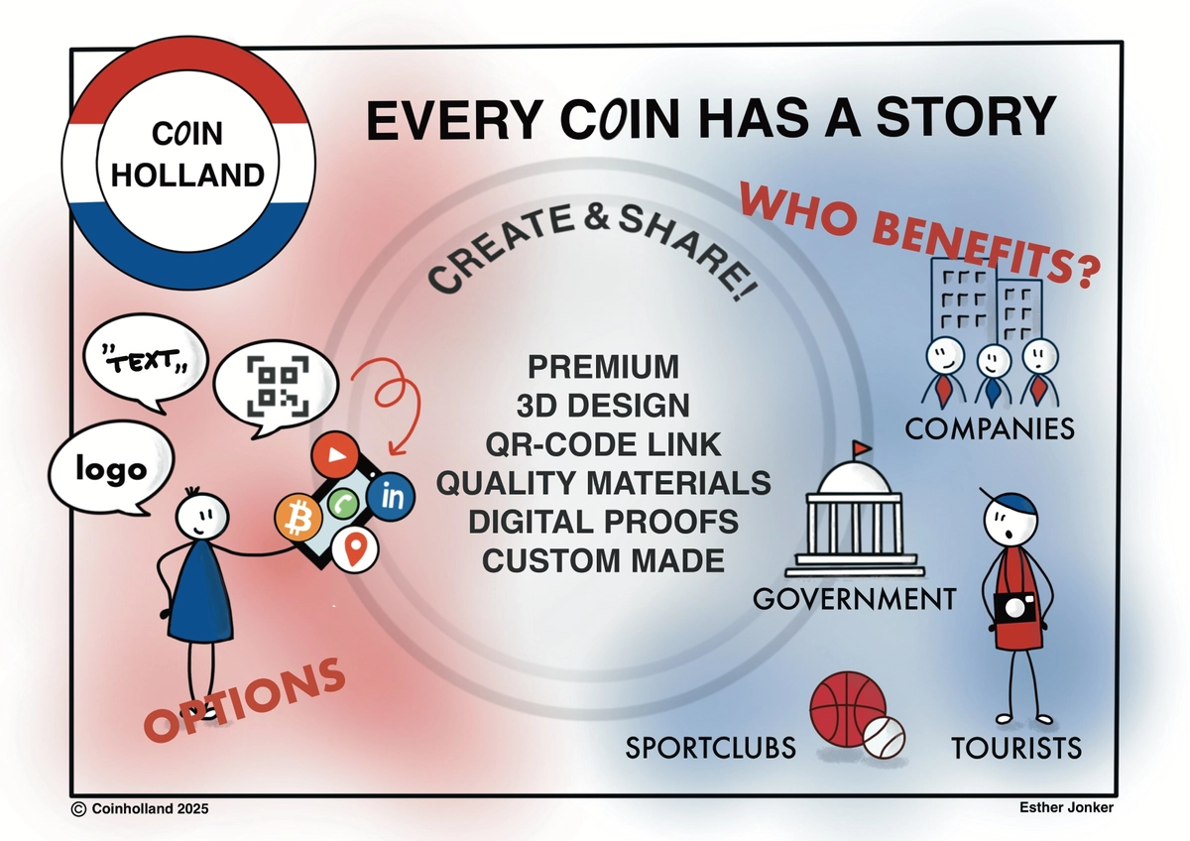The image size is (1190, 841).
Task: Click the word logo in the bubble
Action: tap(111, 470)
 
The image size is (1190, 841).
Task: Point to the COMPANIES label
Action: tap(989, 428)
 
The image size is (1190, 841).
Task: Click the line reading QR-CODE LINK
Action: tap(603, 443)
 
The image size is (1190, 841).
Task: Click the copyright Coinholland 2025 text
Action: tap(141, 809)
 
